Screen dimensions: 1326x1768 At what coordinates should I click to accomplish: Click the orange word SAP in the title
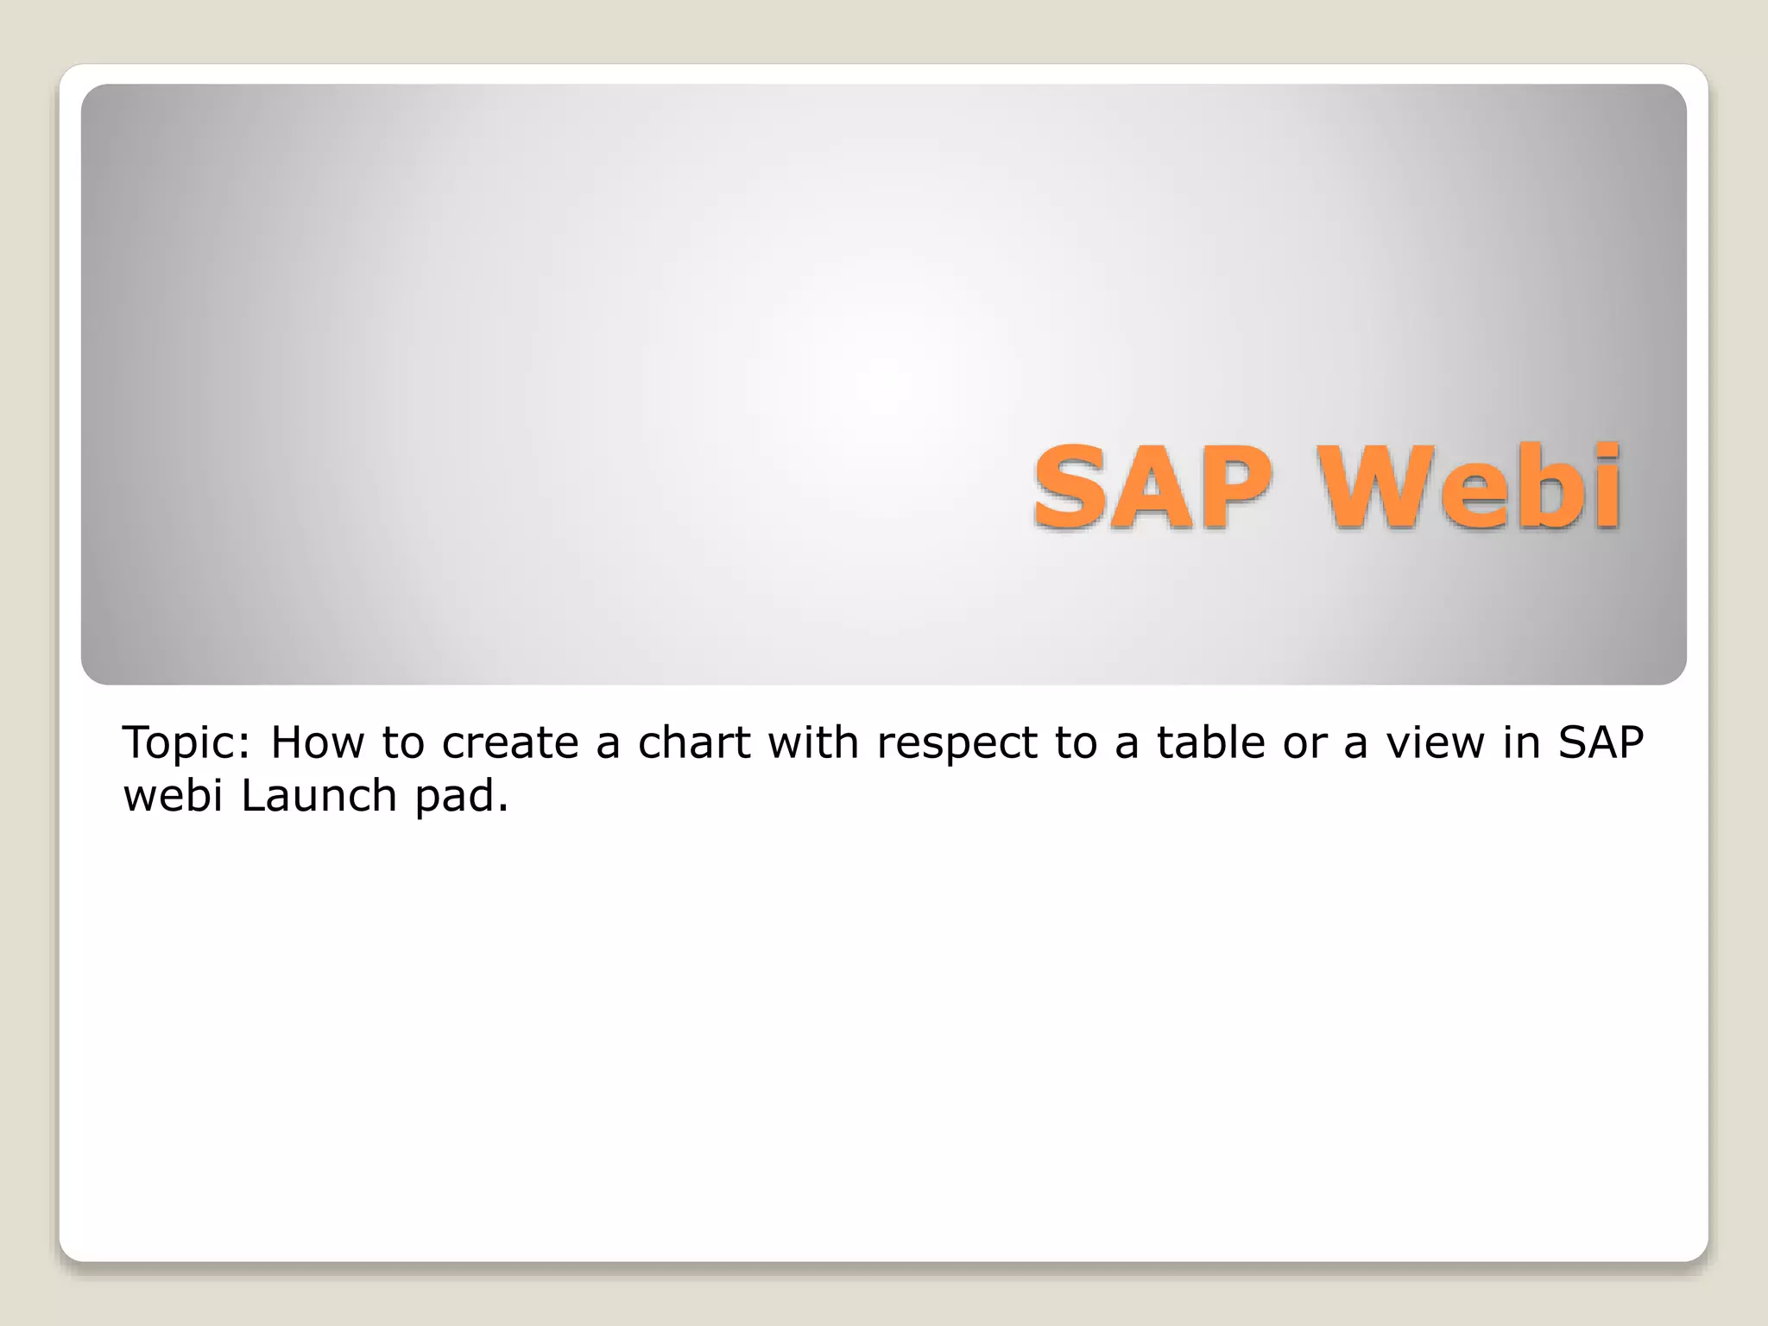point(1152,489)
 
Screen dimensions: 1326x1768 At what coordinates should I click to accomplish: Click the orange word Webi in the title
point(1471,489)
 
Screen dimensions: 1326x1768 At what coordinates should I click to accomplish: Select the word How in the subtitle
point(316,742)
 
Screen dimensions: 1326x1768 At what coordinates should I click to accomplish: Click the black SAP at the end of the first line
point(1601,742)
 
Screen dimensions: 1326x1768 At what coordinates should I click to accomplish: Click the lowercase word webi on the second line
point(174,795)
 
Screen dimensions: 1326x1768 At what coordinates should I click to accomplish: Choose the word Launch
point(319,795)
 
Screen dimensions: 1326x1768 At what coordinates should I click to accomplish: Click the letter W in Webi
point(1372,489)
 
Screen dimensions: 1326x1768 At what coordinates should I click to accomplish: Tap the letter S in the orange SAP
point(1070,489)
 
